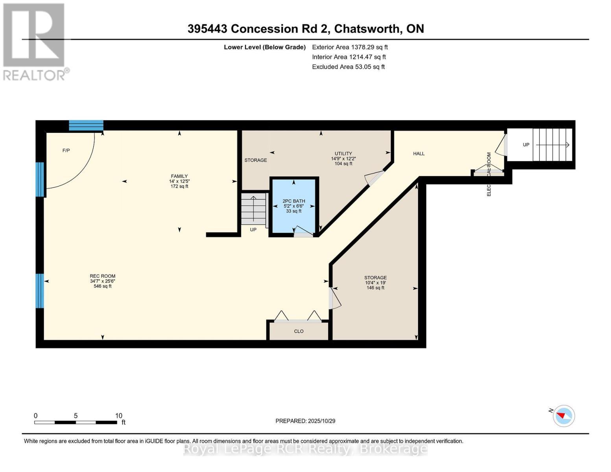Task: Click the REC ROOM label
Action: [102, 276]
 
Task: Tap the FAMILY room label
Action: [179, 176]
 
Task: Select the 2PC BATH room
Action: [294, 206]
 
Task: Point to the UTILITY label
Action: [343, 153]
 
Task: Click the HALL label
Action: [419, 153]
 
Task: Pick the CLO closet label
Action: [299, 331]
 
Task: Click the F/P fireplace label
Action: [66, 151]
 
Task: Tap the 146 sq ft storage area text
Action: [375, 288]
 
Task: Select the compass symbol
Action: [563, 416]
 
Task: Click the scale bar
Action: [76, 422]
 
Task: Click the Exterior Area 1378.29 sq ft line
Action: [350, 47]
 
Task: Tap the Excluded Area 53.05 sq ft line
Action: [348, 67]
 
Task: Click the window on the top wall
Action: [86, 125]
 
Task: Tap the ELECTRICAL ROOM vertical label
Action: [489, 174]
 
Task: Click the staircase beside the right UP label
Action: [552, 145]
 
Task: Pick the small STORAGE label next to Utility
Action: [255, 160]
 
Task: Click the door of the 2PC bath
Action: [303, 232]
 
